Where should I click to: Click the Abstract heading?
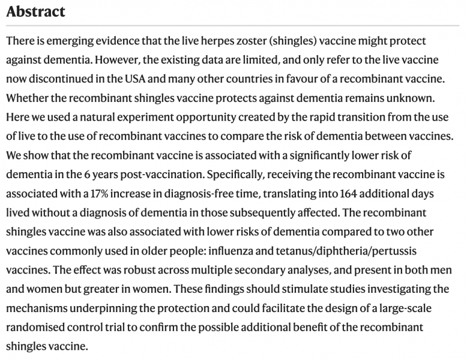[x=36, y=11]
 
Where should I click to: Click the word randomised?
[x=41, y=328]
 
